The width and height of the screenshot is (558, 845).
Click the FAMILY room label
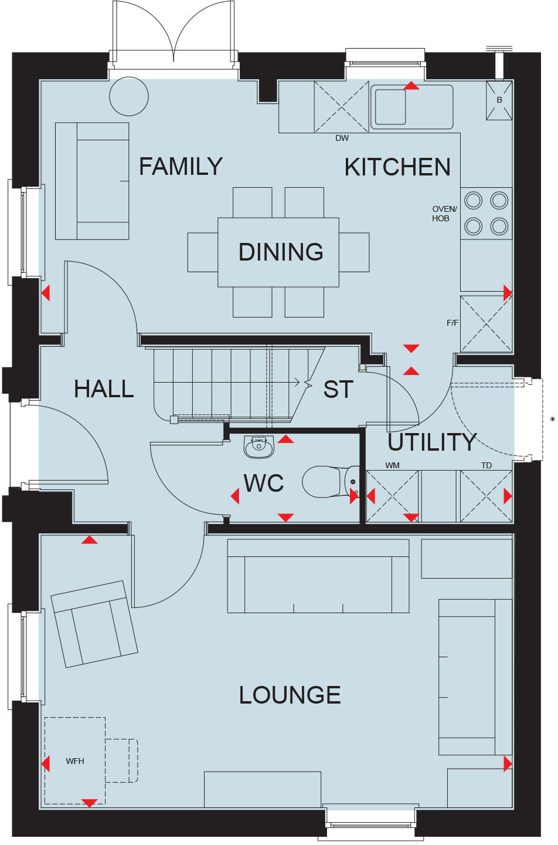[x=181, y=167]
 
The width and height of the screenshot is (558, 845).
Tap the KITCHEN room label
[x=397, y=167]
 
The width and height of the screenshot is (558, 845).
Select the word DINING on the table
[x=281, y=252]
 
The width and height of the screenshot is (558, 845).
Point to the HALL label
[x=104, y=389]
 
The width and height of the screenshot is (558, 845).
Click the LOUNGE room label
[x=290, y=695]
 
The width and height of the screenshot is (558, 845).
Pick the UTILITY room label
[x=432, y=442]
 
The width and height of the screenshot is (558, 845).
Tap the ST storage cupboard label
[x=338, y=390]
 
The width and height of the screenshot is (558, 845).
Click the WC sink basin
[x=258, y=447]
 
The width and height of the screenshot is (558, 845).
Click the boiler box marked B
[x=499, y=100]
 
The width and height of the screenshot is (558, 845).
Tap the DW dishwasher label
[x=342, y=138]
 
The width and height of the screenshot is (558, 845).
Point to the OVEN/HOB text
[x=444, y=214]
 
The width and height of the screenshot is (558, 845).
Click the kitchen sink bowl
[x=390, y=107]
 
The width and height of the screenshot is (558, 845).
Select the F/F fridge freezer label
[x=452, y=323]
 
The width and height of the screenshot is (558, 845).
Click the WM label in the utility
[x=392, y=465]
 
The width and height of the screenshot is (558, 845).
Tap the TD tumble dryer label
[x=486, y=465]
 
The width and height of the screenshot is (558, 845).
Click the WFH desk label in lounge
[x=75, y=761]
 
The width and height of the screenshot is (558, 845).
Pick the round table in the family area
[x=129, y=96]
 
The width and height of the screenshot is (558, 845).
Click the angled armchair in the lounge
[x=94, y=624]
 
